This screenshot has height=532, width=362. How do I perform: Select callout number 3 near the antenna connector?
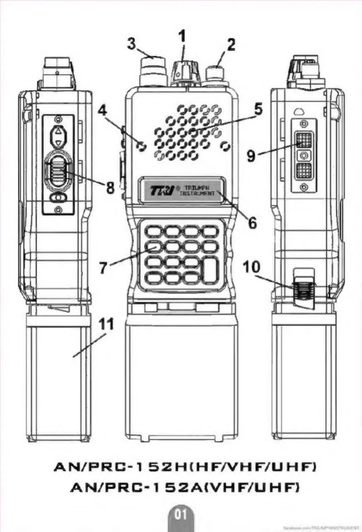tap(132, 44)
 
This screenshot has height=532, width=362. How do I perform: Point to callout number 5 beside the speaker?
tap(258, 109)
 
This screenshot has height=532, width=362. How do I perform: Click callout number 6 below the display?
tap(252, 223)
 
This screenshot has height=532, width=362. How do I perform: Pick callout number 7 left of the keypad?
tap(103, 268)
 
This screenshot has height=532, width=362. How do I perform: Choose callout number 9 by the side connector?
tap(251, 156)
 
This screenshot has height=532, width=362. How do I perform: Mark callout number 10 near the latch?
tap(252, 267)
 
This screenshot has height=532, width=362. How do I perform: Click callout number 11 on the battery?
tap(107, 324)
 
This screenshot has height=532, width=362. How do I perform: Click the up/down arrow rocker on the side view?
tap(59, 136)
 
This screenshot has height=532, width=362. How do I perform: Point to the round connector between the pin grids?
tap(304, 155)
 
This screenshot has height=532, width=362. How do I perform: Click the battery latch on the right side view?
tap(304, 291)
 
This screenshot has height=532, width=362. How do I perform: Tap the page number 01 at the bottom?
tap(181, 515)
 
